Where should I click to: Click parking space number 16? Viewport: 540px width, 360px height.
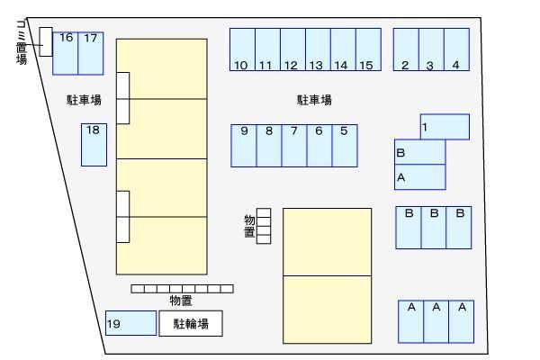pyautogui.click(x=66, y=53)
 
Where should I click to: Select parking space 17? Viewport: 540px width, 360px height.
pyautogui.click(x=91, y=53)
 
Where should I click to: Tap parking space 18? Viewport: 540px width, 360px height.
pyautogui.click(x=94, y=145)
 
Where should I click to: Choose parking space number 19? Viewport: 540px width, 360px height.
pyautogui.click(x=130, y=323)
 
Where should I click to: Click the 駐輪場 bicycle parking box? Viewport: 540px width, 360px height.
pyautogui.click(x=191, y=323)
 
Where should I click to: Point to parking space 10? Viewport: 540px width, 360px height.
pyautogui.click(x=242, y=49)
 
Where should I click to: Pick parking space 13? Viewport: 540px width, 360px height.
pyautogui.click(x=319, y=49)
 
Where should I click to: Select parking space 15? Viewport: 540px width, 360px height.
pyautogui.click(x=368, y=49)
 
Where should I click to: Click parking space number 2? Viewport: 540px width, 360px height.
pyautogui.click(x=406, y=49)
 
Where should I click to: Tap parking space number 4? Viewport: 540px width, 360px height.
pyautogui.click(x=456, y=49)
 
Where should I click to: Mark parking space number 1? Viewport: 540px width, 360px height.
pyautogui.click(x=445, y=127)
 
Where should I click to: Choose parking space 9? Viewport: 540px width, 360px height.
pyautogui.click(x=244, y=146)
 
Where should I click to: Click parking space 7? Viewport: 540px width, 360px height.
pyautogui.click(x=294, y=146)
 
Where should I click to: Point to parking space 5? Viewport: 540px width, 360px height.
pyautogui.click(x=345, y=146)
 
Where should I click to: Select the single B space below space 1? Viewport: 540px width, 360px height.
pyautogui.click(x=420, y=152)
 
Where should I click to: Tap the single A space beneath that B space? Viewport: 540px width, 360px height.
pyautogui.click(x=420, y=177)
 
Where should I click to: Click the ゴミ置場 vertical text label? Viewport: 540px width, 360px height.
pyautogui.click(x=22, y=42)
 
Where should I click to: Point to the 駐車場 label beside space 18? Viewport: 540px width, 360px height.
pyautogui.click(x=84, y=100)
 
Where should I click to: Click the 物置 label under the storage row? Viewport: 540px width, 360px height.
pyautogui.click(x=181, y=301)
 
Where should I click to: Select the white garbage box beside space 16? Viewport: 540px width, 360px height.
pyautogui.click(x=46, y=42)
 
